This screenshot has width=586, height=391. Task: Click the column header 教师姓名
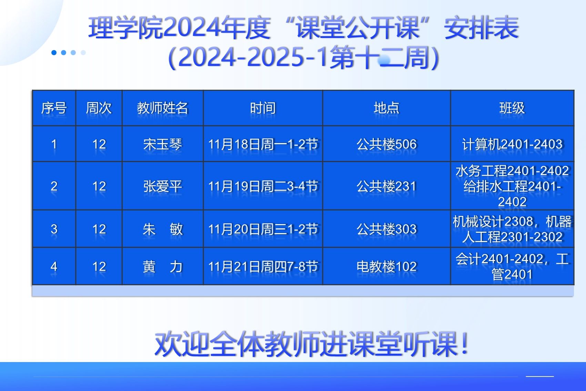(x=162, y=108)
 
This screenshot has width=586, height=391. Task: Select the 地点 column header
(x=386, y=108)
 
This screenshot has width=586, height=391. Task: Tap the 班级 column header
(x=512, y=108)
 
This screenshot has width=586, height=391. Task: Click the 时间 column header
(x=263, y=108)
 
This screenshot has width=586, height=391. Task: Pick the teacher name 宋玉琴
(x=162, y=144)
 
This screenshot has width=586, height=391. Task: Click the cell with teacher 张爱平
(x=162, y=186)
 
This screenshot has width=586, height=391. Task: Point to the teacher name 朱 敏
(x=162, y=229)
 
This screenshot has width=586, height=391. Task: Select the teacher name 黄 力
(x=162, y=267)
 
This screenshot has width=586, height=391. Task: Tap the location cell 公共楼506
(x=386, y=144)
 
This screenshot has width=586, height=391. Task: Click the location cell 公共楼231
(x=386, y=186)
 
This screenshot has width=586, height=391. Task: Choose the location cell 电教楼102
(x=386, y=267)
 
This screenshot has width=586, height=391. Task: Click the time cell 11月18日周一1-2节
(x=263, y=144)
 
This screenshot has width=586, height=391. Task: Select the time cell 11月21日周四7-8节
(x=263, y=267)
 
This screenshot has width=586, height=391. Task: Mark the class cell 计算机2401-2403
(x=512, y=144)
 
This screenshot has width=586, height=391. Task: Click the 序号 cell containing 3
(x=54, y=229)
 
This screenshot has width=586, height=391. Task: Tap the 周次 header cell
(x=99, y=108)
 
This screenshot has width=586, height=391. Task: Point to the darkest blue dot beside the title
(x=54, y=53)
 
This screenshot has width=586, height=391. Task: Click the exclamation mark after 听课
(x=465, y=343)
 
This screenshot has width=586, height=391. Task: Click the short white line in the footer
(x=540, y=376)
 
